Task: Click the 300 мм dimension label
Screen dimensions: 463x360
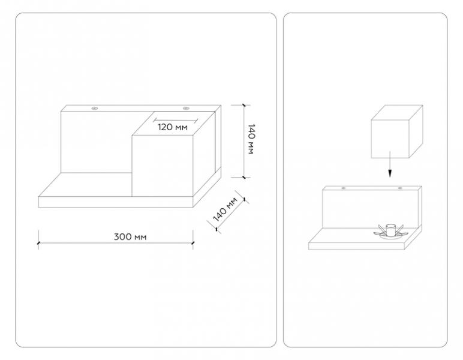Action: (x=130, y=237)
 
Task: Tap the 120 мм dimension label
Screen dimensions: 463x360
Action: (x=173, y=127)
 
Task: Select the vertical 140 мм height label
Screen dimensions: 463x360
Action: (x=251, y=139)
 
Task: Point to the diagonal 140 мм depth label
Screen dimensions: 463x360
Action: (x=225, y=209)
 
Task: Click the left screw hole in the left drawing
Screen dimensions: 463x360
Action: (x=95, y=109)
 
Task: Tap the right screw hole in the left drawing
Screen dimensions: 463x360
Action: (x=186, y=109)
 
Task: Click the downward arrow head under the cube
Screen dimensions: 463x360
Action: (x=390, y=173)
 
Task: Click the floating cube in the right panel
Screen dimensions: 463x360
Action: (x=396, y=131)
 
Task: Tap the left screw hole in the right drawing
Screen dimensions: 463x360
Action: (x=343, y=188)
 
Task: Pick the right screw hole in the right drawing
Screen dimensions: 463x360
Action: (x=400, y=188)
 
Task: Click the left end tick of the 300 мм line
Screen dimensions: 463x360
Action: (x=38, y=243)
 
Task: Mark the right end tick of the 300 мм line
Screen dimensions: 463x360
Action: (x=193, y=243)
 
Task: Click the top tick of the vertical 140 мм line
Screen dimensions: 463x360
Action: (x=244, y=105)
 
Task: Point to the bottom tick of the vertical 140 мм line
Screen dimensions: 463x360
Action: (x=244, y=177)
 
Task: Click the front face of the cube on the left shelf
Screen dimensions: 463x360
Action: (x=162, y=166)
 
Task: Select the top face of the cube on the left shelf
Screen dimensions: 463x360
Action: (x=173, y=123)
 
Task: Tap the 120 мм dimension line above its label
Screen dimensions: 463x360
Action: (x=175, y=120)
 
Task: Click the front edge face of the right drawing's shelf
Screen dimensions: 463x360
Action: (x=356, y=246)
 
